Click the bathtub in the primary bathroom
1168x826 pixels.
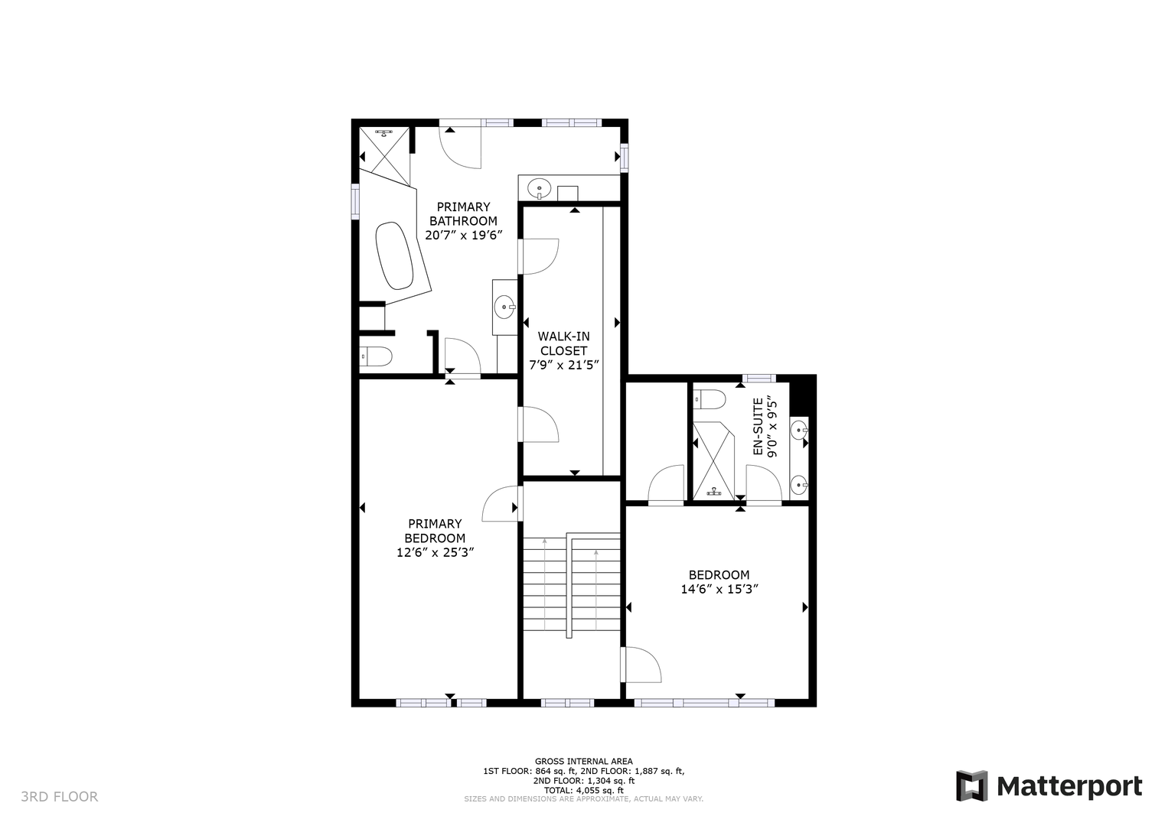[394, 256]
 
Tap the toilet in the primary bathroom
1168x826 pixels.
[375, 357]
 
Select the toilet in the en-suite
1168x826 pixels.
[709, 400]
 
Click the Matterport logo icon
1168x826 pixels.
[971, 785]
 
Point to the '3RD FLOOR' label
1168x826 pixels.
[60, 796]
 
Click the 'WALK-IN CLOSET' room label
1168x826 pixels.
[563, 343]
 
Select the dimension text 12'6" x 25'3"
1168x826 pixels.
[435, 552]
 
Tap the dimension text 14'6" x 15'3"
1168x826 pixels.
[719, 590]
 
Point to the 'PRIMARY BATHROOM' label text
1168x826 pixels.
[463, 213]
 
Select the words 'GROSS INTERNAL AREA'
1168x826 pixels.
[583, 762]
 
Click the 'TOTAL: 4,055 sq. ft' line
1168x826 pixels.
[583, 790]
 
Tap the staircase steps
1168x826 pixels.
[572, 585]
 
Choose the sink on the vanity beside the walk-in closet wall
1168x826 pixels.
[504, 307]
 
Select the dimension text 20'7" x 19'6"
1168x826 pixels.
[464, 235]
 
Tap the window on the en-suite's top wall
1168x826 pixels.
[759, 379]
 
